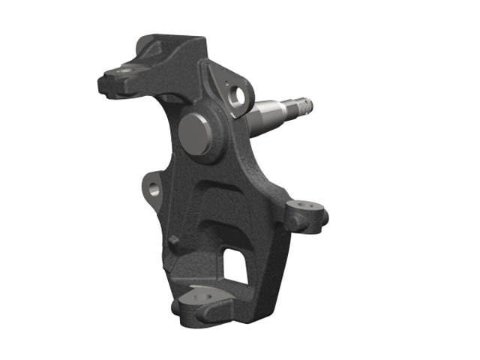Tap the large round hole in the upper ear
tap(238, 95)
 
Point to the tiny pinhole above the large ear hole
tap(224, 77)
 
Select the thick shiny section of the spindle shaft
tap(266, 114)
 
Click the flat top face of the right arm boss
tap(304, 205)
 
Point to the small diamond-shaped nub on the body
tap(173, 240)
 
